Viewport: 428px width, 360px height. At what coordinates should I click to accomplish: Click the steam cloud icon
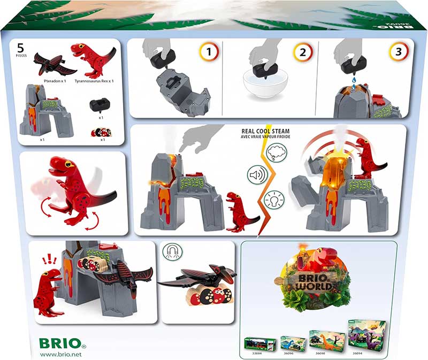click(277, 154)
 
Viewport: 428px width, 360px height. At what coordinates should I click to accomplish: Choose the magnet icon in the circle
click(172, 252)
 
